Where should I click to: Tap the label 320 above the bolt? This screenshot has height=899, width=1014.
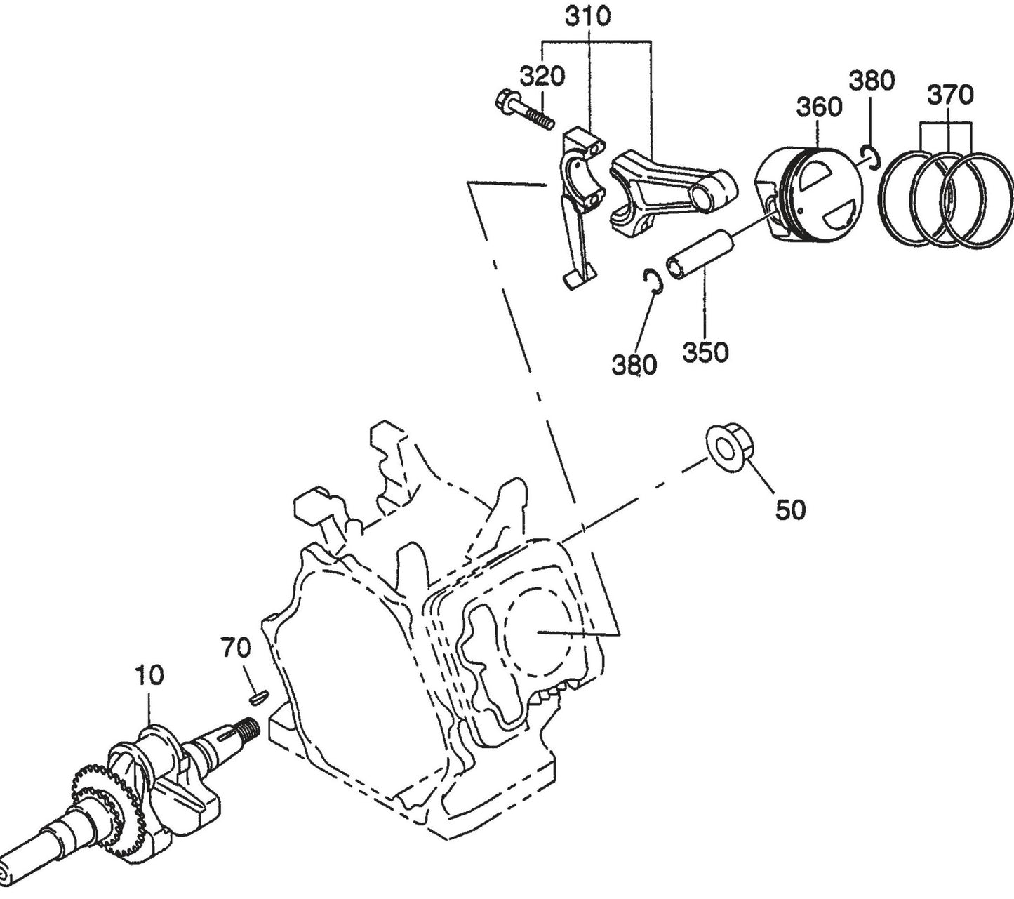[542, 76]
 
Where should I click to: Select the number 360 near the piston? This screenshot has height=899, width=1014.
[819, 107]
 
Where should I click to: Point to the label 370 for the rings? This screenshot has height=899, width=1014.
[951, 94]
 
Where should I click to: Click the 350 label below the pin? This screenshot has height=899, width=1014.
[705, 352]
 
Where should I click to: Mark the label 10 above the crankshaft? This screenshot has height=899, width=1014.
[149, 675]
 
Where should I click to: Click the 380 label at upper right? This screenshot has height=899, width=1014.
[872, 81]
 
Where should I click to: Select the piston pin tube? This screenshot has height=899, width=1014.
[699, 257]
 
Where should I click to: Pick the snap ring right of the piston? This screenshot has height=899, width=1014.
[870, 157]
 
